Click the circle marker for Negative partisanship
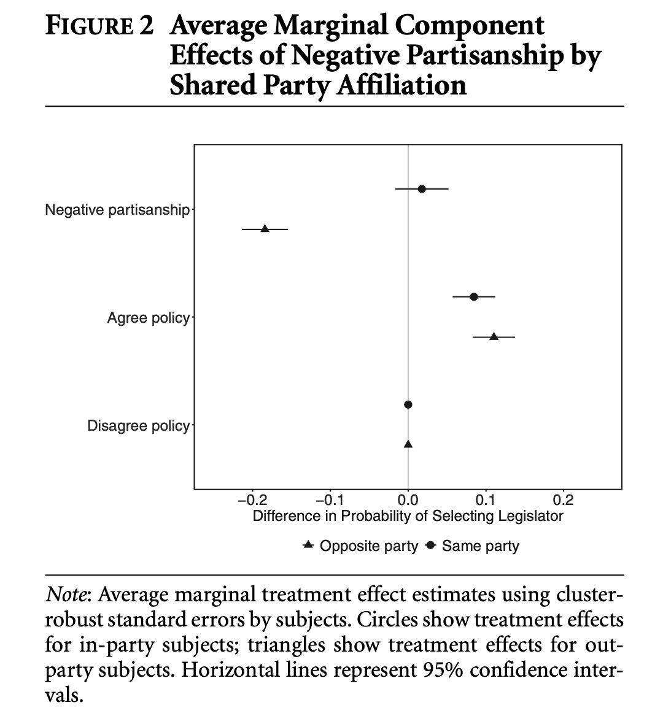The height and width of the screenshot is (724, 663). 422,189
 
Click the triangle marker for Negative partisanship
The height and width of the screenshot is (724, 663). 265,229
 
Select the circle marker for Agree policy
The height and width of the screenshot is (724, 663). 474,297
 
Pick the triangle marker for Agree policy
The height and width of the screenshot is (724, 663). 494,336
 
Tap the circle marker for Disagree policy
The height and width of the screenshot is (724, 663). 408,404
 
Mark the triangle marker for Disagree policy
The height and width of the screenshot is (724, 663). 408,444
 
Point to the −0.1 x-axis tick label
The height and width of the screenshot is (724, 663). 330,499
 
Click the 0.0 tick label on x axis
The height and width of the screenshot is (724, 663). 408,499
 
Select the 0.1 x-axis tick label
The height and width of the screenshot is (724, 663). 486,499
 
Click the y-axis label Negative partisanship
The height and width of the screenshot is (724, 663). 117,210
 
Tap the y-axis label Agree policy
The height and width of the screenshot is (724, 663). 148,318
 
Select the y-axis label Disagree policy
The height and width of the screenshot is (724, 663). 138,426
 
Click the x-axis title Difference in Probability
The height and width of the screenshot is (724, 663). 408,516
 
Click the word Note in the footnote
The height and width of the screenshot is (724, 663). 66,595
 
